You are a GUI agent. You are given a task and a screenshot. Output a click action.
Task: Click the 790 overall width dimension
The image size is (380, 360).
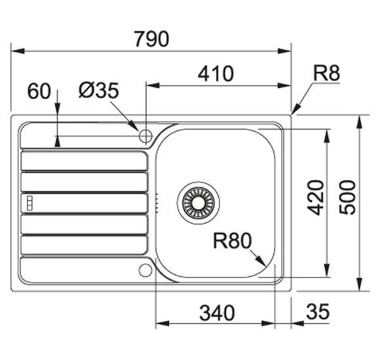click(152, 39)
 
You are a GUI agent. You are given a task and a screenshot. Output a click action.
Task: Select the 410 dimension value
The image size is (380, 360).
click(216, 73)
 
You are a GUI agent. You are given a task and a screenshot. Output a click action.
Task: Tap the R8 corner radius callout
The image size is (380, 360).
click(326, 73)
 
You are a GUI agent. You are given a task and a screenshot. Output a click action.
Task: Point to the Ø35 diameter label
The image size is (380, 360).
click(99, 90)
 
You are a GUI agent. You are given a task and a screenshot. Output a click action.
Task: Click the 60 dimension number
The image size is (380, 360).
click(39, 91)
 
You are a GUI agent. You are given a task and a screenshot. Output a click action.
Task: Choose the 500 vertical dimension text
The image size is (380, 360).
click(347, 197)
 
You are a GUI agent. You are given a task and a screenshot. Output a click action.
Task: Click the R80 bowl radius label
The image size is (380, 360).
click(232, 240)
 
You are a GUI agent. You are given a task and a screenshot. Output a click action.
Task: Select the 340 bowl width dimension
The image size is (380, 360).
click(217, 313)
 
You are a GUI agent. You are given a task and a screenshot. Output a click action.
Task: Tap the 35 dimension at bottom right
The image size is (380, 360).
click(318, 312)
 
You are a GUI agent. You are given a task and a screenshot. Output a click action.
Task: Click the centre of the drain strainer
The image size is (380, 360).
click(199, 203)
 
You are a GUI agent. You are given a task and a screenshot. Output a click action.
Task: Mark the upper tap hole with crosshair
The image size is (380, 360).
click(145, 135)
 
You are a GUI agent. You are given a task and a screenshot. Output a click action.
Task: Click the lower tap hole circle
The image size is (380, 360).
click(145, 270)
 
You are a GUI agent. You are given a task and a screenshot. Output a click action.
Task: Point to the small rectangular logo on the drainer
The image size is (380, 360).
click(29, 203)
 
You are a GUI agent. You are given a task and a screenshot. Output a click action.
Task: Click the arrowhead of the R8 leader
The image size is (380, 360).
click(295, 109)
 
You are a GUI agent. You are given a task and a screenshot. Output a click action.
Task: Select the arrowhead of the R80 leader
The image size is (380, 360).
click(261, 261)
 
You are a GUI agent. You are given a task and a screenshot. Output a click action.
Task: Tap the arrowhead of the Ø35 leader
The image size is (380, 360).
click(134, 126)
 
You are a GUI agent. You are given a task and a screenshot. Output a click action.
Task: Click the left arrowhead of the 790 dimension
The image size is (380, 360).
click(18, 51)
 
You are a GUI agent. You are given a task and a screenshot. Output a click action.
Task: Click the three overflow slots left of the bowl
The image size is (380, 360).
click(157, 203)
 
